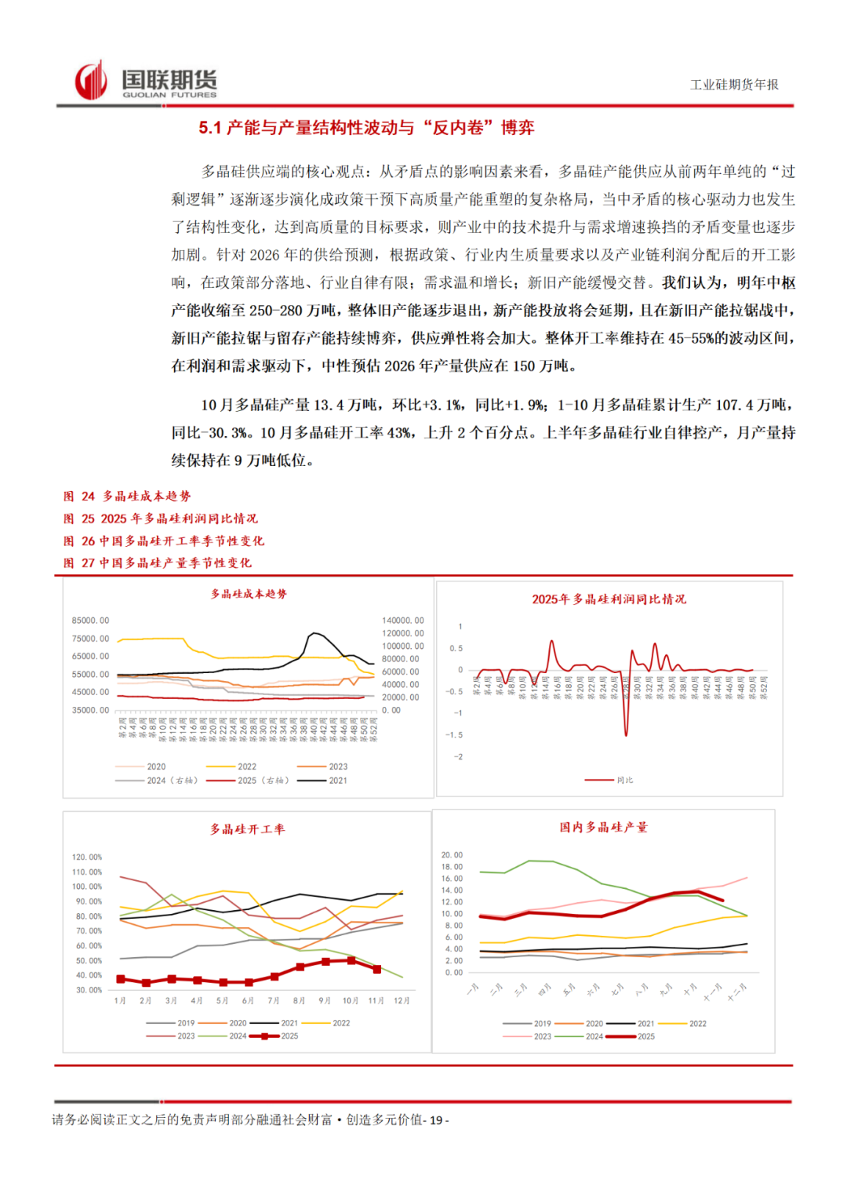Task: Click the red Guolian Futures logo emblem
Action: tap(91, 80)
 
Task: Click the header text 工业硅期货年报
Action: tap(734, 85)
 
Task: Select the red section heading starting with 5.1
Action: tap(366, 128)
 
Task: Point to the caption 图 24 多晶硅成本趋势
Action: tap(127, 496)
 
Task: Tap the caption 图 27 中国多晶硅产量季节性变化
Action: tap(158, 563)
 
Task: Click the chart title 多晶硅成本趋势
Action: tap(249, 594)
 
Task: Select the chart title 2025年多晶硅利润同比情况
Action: tap(609, 599)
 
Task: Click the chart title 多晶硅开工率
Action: tap(247, 829)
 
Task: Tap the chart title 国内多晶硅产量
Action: tap(603, 827)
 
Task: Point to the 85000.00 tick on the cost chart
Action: tap(90, 621)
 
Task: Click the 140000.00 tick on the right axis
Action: tap(403, 621)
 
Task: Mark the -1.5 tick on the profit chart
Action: tap(454, 735)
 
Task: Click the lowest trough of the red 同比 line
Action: tap(626, 734)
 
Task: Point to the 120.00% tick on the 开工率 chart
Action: tap(87, 858)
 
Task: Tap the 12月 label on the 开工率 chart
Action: tap(402, 1001)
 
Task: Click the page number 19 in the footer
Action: tap(436, 1120)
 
